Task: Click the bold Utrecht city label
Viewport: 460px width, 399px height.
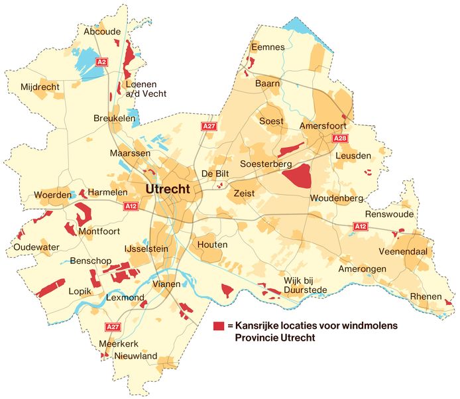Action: click(167, 190)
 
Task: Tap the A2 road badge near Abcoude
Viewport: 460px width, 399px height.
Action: click(101, 62)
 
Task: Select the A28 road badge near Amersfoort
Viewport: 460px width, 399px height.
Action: click(339, 138)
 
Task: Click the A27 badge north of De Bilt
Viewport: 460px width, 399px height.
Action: click(209, 126)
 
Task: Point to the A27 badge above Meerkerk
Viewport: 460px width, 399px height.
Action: click(112, 327)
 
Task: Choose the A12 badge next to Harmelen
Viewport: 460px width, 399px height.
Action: click(131, 206)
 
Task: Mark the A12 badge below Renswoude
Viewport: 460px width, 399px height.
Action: click(360, 227)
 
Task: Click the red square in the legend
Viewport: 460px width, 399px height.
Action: click(218, 326)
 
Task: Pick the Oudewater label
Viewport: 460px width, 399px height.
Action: click(36, 247)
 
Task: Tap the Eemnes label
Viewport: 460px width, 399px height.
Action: click(267, 47)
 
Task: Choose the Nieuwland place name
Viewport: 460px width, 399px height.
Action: click(135, 356)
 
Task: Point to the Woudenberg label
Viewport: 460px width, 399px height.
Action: click(336, 198)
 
